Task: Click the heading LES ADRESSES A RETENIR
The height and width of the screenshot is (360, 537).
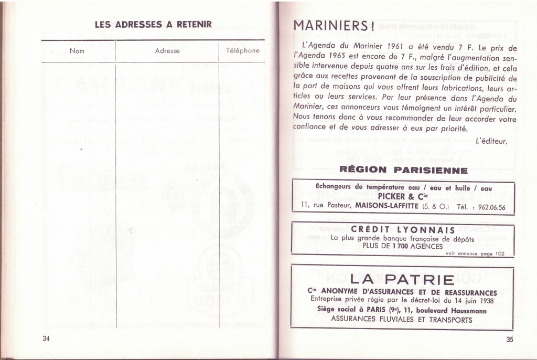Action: point(153,24)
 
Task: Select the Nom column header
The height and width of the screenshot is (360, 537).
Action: point(77,51)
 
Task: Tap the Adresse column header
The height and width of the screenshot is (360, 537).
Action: point(167,51)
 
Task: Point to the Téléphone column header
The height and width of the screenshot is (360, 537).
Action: point(242,51)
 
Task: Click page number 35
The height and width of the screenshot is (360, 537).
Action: point(510,339)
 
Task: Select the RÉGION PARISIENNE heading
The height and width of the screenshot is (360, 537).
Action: point(403,170)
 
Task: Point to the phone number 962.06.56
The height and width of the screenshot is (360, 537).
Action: point(488,207)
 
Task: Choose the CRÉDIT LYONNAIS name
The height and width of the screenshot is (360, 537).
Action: point(403,229)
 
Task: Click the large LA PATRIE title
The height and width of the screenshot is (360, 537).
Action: point(402,279)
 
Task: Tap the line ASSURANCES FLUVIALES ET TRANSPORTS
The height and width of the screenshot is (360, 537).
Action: point(402,320)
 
